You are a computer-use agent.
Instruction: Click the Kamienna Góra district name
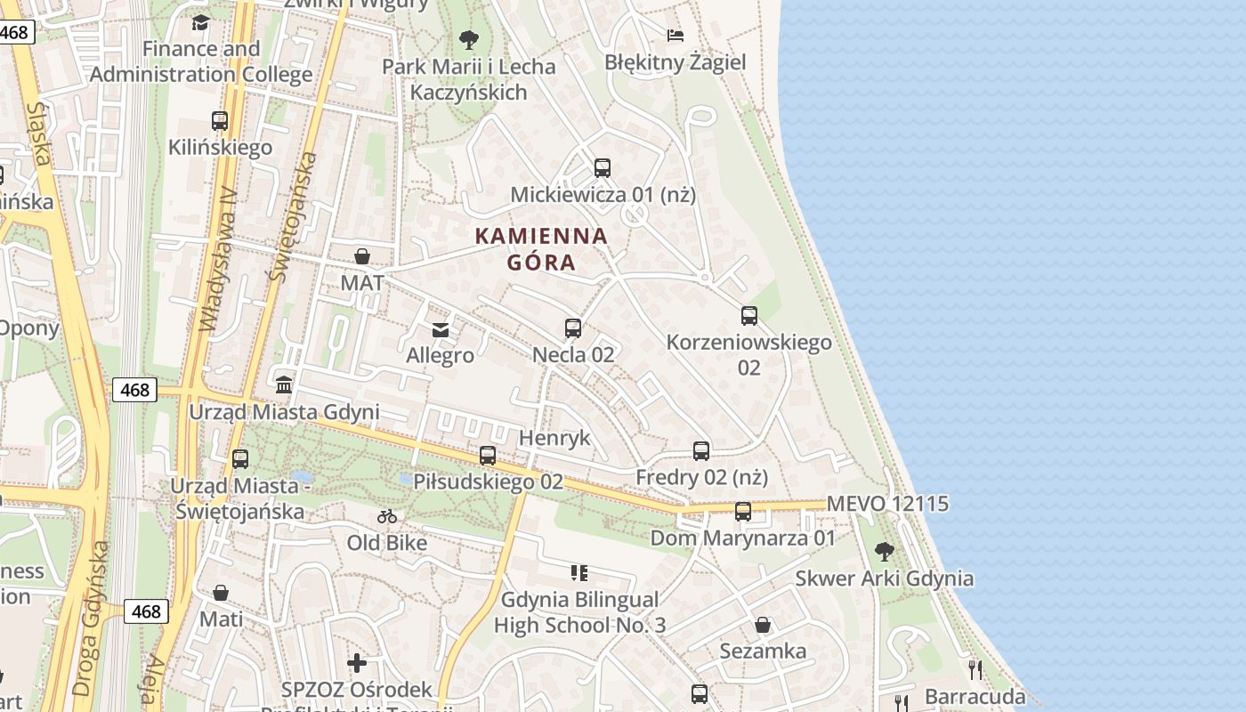tap(541, 249)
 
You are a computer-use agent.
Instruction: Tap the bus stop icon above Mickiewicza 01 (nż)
tap(603, 167)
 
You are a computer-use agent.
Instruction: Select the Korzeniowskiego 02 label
tap(748, 353)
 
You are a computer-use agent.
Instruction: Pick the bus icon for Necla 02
tap(573, 328)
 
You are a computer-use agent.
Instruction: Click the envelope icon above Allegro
tap(440, 330)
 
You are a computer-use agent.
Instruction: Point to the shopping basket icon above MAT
tap(362, 257)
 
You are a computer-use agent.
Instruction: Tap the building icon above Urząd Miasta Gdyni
tap(284, 384)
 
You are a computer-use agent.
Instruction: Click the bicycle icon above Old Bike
tap(387, 516)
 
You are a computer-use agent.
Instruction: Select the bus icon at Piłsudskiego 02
tap(488, 456)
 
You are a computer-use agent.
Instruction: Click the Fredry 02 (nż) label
tap(701, 478)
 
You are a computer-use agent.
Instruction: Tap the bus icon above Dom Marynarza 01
tap(743, 512)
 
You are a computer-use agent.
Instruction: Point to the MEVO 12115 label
tap(887, 504)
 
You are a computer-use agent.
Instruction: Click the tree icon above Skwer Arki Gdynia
tap(884, 552)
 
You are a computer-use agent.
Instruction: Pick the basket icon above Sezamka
tap(763, 625)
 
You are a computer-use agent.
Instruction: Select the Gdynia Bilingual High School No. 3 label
tap(579, 612)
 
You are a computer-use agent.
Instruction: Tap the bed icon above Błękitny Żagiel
tap(676, 36)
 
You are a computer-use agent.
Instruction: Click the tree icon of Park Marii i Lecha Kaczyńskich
tap(468, 40)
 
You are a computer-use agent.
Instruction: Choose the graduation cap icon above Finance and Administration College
tap(200, 22)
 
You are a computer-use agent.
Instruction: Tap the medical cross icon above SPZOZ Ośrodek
tap(357, 663)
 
